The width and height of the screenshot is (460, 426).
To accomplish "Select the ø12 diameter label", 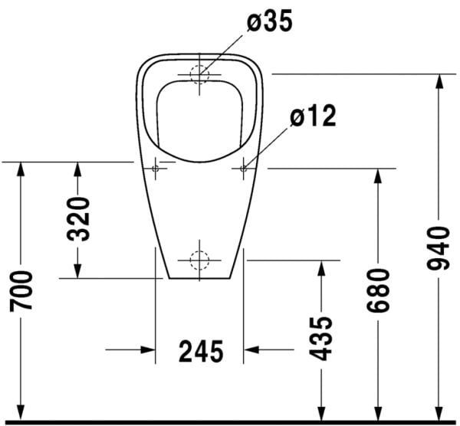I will pyautogui.click(x=313, y=116).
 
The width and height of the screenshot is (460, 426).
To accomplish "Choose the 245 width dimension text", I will pyautogui.click(x=201, y=352).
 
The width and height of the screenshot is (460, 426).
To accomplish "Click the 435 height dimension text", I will pyautogui.click(x=323, y=337).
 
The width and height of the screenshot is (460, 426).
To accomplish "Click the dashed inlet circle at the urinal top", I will pyautogui.click(x=199, y=74).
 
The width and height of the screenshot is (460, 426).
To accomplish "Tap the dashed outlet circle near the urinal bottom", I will pyautogui.click(x=199, y=261).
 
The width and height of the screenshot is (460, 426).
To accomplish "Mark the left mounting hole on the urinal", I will pyautogui.click(x=156, y=167).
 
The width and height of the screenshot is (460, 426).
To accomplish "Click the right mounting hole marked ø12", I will pyautogui.click(x=243, y=167).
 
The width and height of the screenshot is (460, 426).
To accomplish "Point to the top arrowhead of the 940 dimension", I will pyautogui.click(x=438, y=82).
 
